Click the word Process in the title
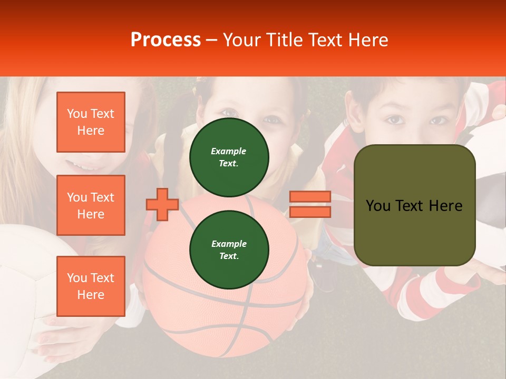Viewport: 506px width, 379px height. [166, 40]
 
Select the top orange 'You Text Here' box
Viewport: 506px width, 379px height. [91, 122]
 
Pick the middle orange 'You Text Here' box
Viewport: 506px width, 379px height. [91, 205]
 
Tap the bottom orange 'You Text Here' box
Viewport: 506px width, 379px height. [91, 286]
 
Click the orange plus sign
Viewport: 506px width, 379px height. [162, 204]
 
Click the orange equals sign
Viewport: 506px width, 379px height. [310, 204]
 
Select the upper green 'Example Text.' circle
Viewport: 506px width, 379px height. [229, 157]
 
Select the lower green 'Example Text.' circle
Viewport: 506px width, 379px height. [229, 250]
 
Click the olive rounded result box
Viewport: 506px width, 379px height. [414, 205]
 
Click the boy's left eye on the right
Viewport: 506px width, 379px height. [394, 120]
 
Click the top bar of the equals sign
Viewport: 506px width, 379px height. [310, 197]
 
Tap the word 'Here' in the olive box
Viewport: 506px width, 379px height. [445, 206]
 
